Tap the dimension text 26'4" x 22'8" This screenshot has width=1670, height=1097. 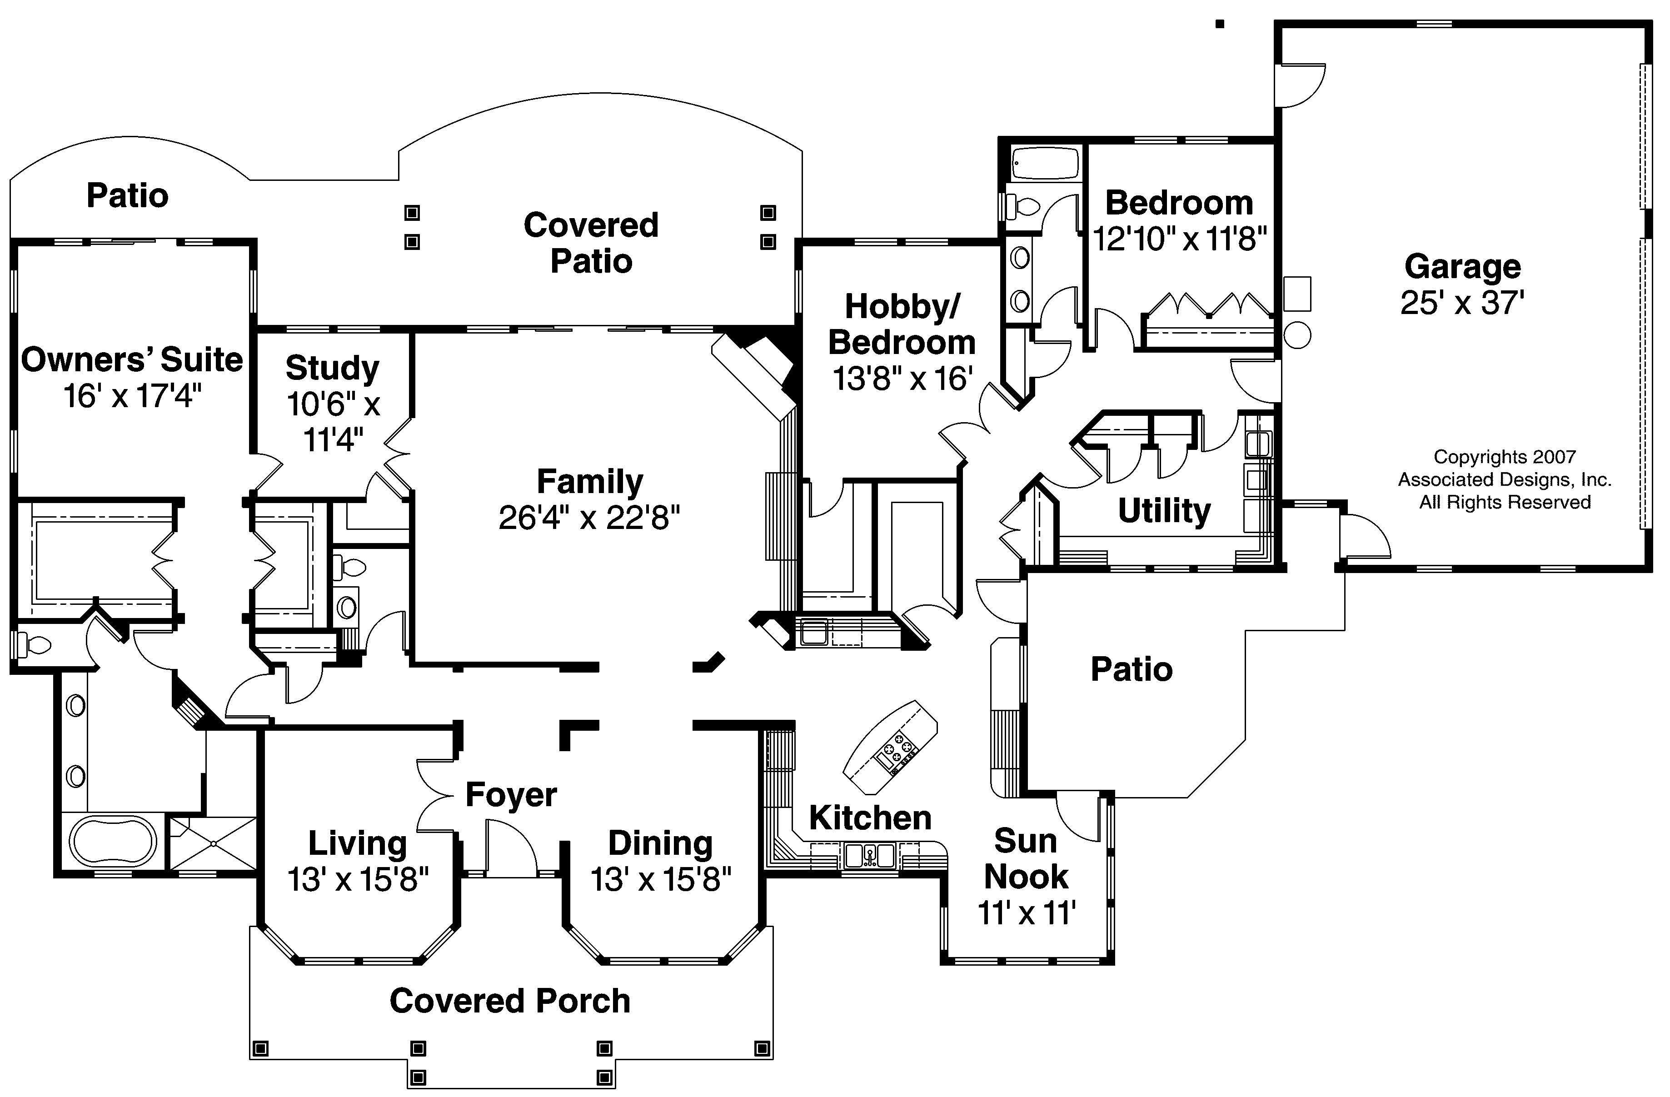[589, 519]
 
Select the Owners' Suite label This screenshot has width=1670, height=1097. [132, 360]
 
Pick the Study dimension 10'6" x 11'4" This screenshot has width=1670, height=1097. [333, 422]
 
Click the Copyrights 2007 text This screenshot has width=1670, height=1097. [1505, 457]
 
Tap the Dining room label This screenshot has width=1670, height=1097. [659, 843]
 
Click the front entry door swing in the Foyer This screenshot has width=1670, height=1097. [511, 851]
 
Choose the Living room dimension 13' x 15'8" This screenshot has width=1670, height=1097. [358, 879]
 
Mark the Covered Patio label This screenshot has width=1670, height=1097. [591, 243]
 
